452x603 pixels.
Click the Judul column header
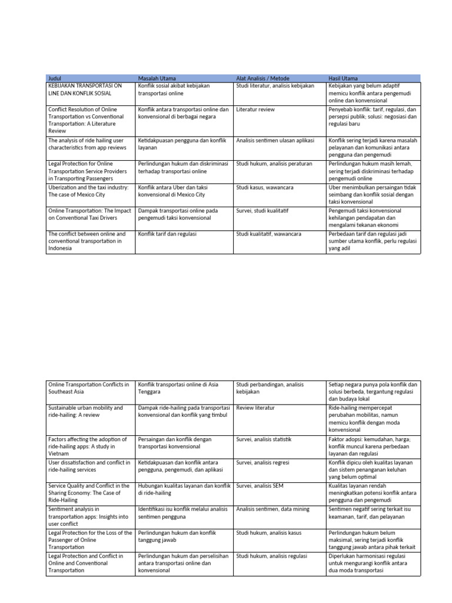55,78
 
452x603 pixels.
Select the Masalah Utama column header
157,78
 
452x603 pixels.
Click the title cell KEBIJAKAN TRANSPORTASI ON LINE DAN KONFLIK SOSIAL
85,90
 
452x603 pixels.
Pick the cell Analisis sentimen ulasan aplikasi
275,141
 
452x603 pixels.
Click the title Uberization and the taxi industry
88,191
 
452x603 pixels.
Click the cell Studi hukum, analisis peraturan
274,164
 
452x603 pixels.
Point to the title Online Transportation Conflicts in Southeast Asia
88,389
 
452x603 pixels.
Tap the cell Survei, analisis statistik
264,439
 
